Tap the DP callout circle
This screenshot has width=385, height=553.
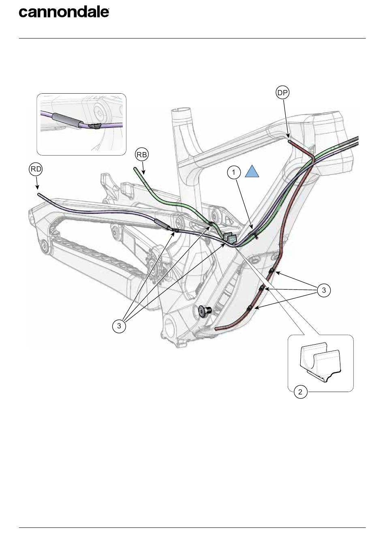point(283,93)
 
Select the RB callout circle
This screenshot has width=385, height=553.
point(142,154)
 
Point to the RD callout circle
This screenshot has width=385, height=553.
point(36,169)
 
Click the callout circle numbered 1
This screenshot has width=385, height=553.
point(234,173)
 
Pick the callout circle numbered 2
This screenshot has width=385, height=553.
point(300,392)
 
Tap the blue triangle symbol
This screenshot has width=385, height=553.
point(252,172)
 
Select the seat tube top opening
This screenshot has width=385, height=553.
point(181,110)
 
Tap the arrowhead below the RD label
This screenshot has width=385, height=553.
point(37,188)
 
